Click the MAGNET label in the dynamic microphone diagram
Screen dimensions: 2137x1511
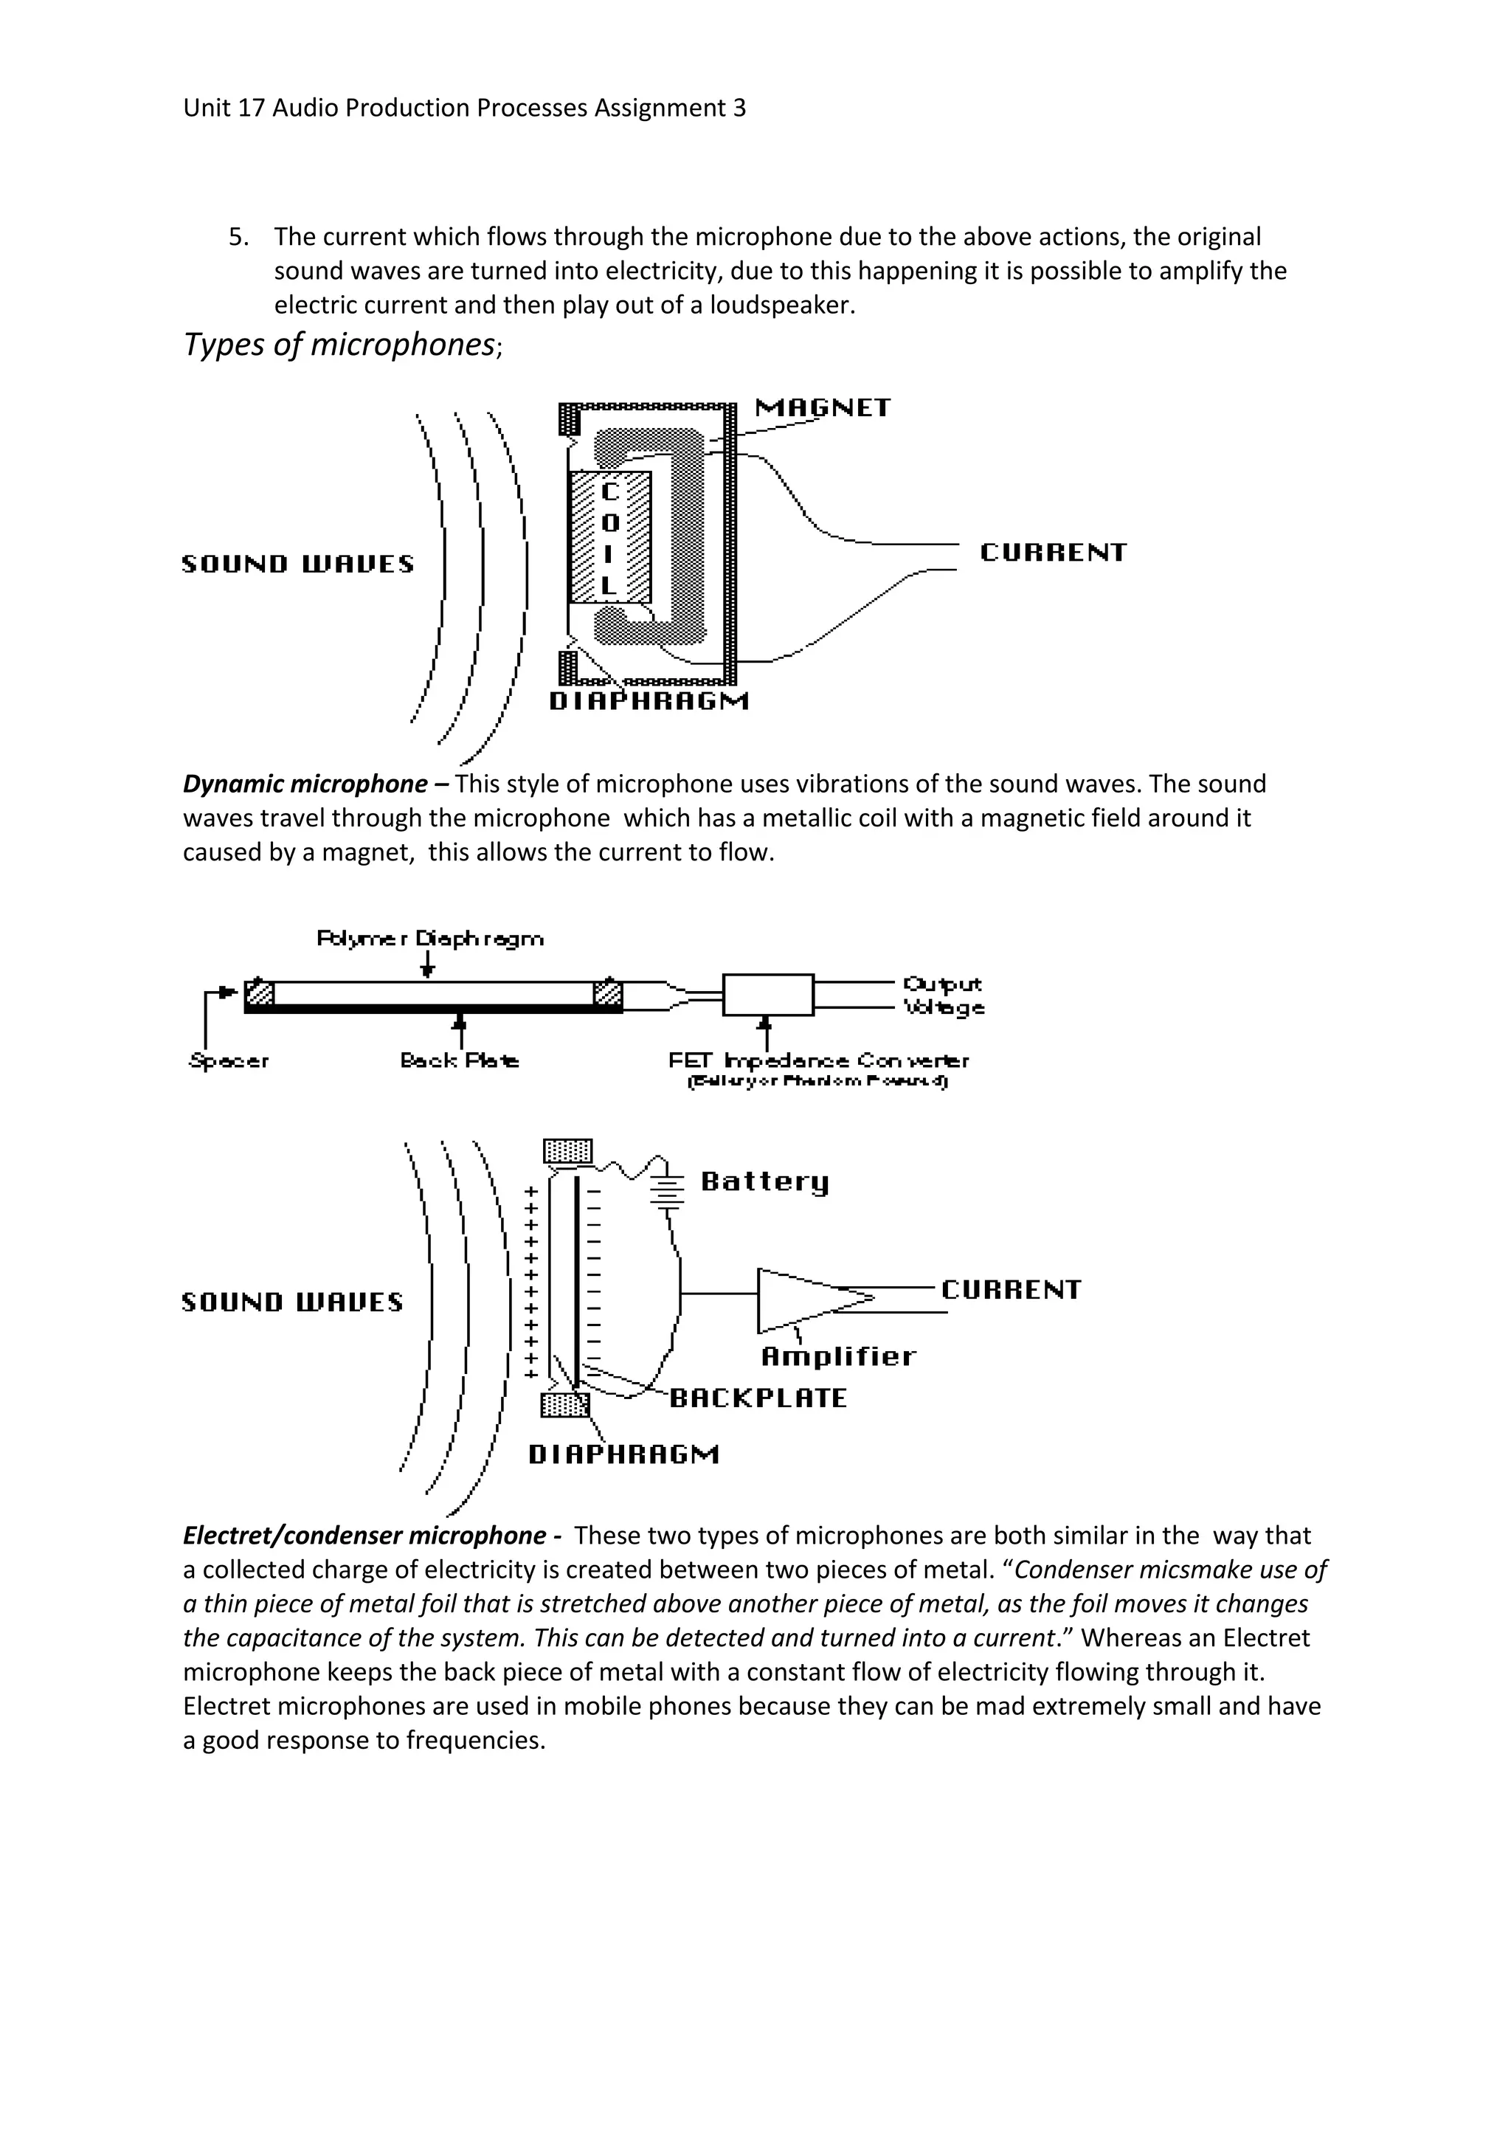click(823, 407)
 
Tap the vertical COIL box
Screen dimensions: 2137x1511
click(609, 537)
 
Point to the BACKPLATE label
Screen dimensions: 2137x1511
click(758, 1398)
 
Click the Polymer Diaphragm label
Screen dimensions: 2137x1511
click(430, 938)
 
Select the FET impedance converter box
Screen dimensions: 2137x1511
click(767, 994)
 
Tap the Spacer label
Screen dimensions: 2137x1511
click(229, 1060)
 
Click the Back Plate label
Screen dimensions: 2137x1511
click(460, 1060)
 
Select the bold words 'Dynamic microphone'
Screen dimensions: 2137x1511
click(305, 784)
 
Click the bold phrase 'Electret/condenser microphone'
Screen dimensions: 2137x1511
click(364, 1536)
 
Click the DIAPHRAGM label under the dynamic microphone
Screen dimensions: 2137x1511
click(649, 701)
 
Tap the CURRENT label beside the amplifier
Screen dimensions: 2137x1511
click(1011, 1289)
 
